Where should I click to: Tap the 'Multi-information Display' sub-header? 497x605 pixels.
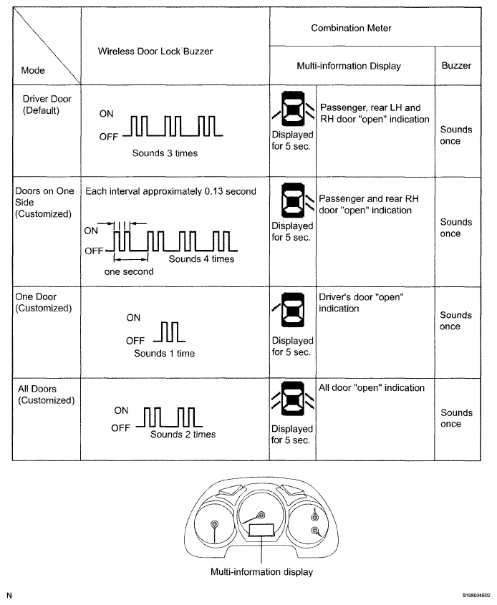pyautogui.click(x=349, y=66)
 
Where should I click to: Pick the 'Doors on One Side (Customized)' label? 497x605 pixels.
pyautogui.click(x=44, y=203)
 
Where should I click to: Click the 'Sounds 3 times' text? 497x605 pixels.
pyautogui.click(x=165, y=153)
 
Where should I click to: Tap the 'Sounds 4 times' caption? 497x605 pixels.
pyautogui.click(x=201, y=259)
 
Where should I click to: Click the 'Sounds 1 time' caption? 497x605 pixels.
pyautogui.click(x=164, y=353)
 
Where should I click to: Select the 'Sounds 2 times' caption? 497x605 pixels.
pyautogui.click(x=183, y=434)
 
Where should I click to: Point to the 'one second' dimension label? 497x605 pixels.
pyautogui.click(x=129, y=271)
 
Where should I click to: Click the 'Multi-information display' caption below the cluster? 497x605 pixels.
pyautogui.click(x=261, y=572)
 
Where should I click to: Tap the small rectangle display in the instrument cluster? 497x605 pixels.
pyautogui.click(x=261, y=531)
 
